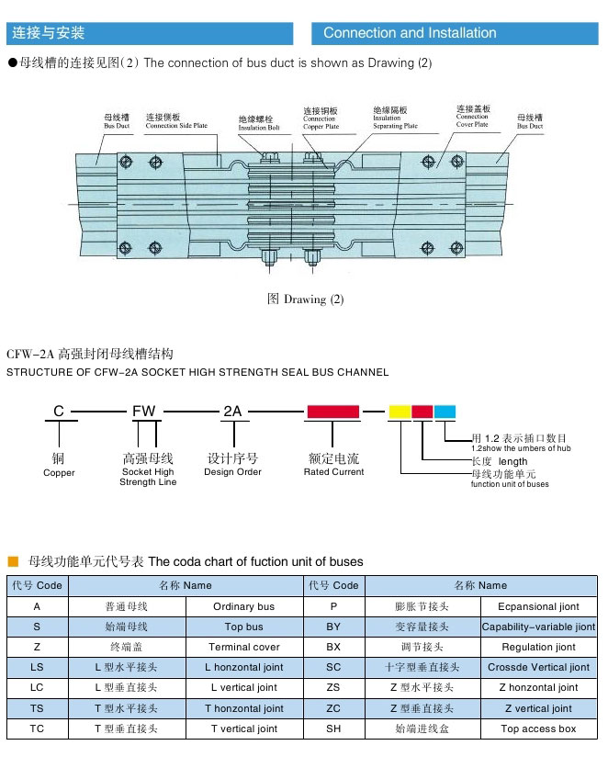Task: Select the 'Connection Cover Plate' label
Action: pyautogui.click(x=472, y=117)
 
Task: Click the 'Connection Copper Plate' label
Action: pyautogui.click(x=321, y=119)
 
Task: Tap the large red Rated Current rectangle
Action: pyautogui.click(x=332, y=412)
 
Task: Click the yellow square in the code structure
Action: pyautogui.click(x=399, y=412)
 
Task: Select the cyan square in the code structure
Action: pyautogui.click(x=445, y=412)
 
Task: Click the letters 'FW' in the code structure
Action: pyautogui.click(x=144, y=412)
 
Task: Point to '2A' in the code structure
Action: pyautogui.click(x=232, y=412)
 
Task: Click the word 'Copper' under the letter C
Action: pyautogui.click(x=59, y=473)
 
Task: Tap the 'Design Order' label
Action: pyautogui.click(x=232, y=472)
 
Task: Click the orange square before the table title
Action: pyautogui.click(x=13, y=561)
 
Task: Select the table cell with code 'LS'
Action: pyautogui.click(x=37, y=668)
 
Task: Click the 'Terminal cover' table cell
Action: pyautogui.click(x=244, y=648)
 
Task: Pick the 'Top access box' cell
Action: pyautogui.click(x=538, y=728)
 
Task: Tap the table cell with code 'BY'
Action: pyautogui.click(x=332, y=627)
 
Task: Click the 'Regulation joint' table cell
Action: pyautogui.click(x=538, y=648)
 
